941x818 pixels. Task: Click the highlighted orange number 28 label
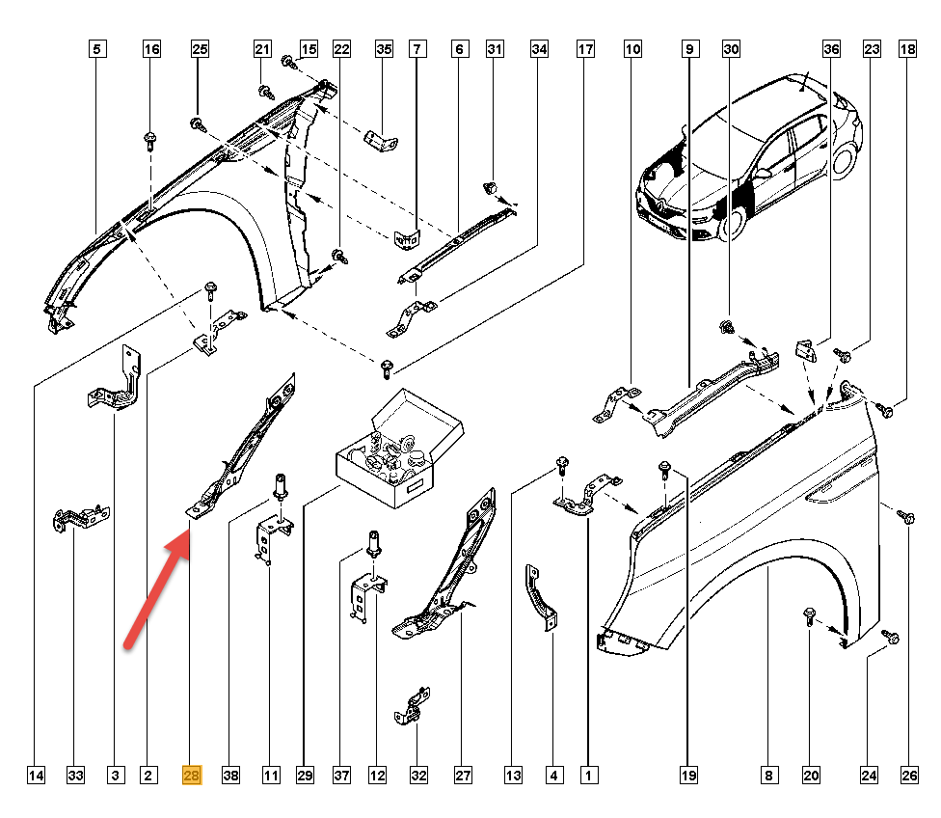pyautogui.click(x=191, y=775)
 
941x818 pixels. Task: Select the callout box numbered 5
pyautogui.click(x=98, y=47)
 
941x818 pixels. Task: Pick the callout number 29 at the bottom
pyautogui.click(x=307, y=775)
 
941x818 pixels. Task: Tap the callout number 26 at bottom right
pyautogui.click(x=906, y=775)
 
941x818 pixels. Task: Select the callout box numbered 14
pyautogui.click(x=36, y=775)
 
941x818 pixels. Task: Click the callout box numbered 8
pyautogui.click(x=768, y=775)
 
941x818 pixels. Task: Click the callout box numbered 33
pyautogui.click(x=75, y=775)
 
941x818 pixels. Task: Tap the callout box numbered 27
pyautogui.click(x=463, y=775)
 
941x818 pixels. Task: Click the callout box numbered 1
pyautogui.click(x=585, y=775)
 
